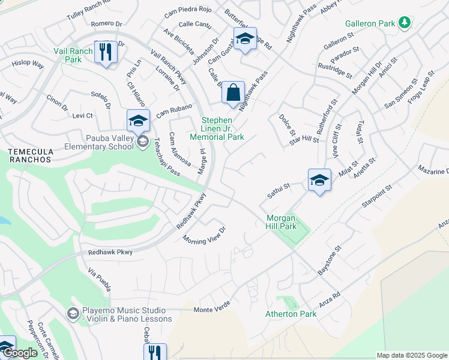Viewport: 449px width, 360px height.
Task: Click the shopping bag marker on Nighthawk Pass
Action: (233, 94)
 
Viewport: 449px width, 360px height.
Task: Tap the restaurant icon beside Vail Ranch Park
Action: (105, 53)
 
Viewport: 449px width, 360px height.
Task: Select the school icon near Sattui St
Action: (319, 180)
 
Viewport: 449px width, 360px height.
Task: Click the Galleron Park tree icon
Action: (405, 23)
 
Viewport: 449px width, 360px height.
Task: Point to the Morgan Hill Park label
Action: (282, 222)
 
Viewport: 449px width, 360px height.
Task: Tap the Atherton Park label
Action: (291, 314)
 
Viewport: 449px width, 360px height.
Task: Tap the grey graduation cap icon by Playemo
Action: (73, 314)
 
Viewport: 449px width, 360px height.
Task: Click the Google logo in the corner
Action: (20, 353)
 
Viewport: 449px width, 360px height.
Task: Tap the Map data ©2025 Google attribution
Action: (411, 355)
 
